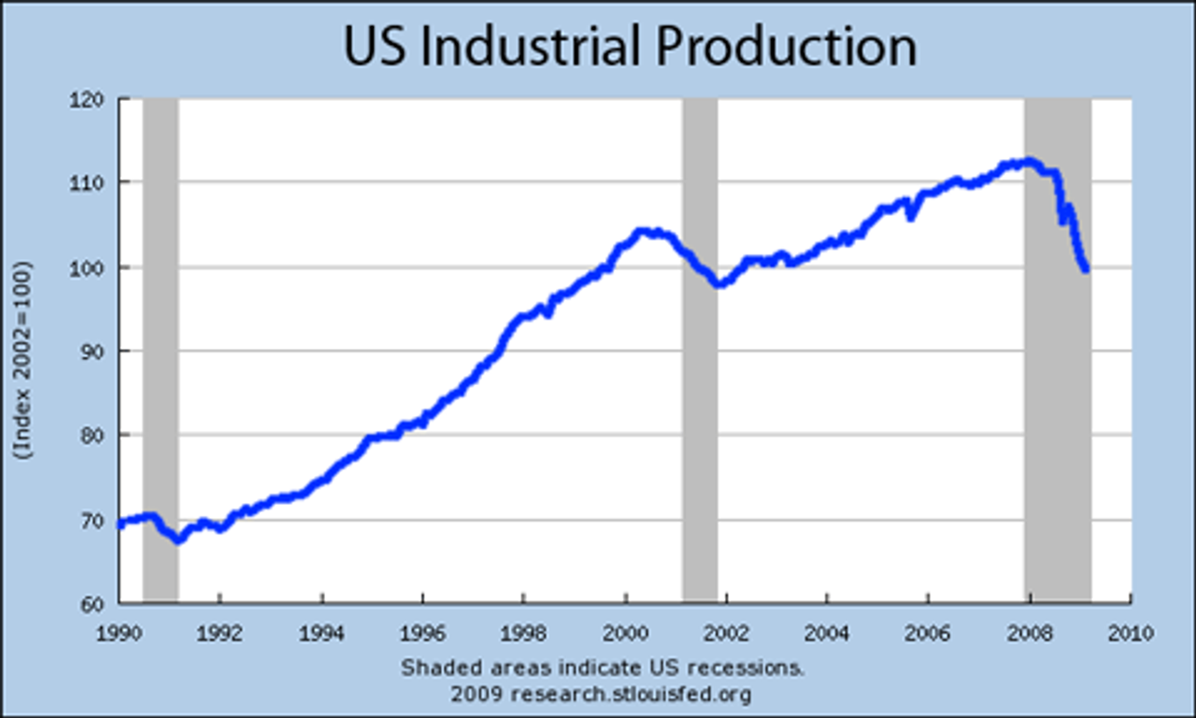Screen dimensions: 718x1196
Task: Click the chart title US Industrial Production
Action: pyautogui.click(x=630, y=47)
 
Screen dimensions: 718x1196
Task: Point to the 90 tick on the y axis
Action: pyautogui.click(x=92, y=351)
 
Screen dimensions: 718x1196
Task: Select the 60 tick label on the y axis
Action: pyautogui.click(x=92, y=603)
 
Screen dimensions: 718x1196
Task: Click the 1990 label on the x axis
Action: pyautogui.click(x=119, y=633)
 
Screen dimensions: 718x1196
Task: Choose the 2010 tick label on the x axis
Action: pyautogui.click(x=1132, y=633)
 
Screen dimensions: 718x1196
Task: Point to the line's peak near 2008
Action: pyautogui.click(x=1029, y=161)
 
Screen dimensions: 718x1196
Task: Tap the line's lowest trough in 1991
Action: pyautogui.click(x=178, y=540)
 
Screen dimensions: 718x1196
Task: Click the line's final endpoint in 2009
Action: pyautogui.click(x=1086, y=269)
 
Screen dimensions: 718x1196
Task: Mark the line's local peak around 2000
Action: pyautogui.click(x=641, y=230)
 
